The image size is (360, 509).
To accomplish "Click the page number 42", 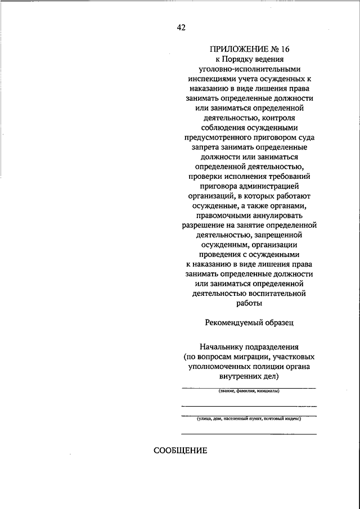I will pos(181,27).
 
